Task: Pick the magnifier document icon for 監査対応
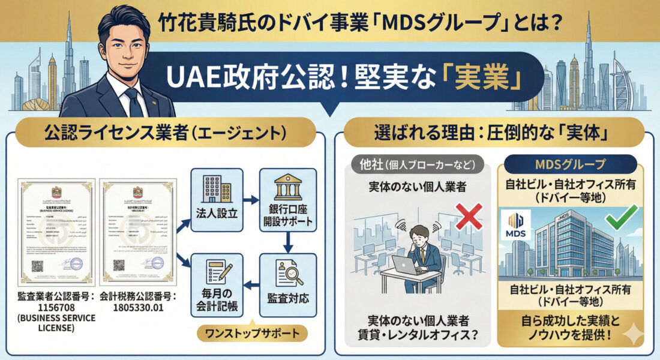287,273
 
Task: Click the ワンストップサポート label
253,332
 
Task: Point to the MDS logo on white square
515,225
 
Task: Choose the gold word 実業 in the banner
487,79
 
